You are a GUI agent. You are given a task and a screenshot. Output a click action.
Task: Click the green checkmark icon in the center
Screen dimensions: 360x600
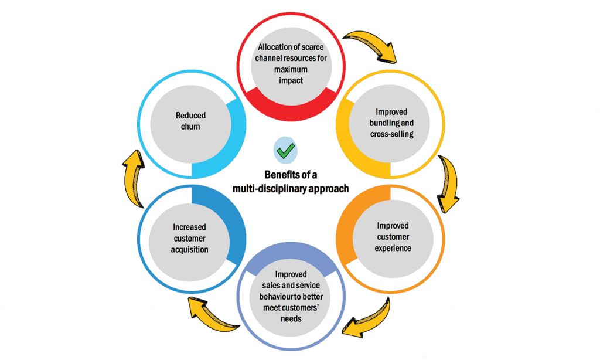[286, 151]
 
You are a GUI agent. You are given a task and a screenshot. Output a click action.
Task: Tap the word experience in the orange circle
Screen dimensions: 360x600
[393, 248]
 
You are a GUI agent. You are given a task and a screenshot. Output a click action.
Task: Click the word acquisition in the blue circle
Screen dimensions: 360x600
[190, 249]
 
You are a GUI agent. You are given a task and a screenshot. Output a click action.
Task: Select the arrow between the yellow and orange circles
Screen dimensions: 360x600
[449, 183]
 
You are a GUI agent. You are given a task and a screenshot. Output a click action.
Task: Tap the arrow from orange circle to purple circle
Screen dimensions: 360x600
[367, 321]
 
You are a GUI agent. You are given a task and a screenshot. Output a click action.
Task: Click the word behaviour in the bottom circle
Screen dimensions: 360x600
[277, 297]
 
